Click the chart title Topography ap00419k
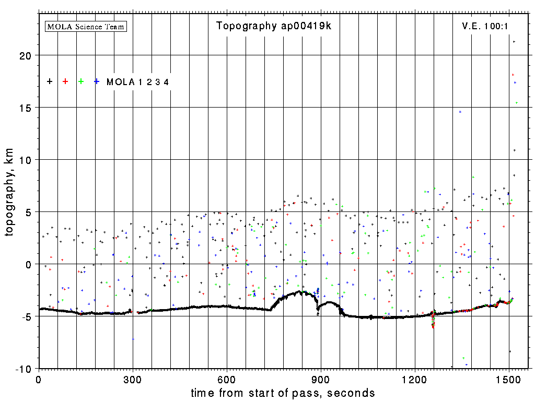pos(273,26)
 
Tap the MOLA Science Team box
pos(86,26)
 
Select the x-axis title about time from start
pos(283,393)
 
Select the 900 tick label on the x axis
pos(321,380)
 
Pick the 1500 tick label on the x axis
pos(509,380)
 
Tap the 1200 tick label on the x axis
pos(415,380)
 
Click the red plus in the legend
pos(65,81)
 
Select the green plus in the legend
pos(81,81)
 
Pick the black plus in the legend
pos(50,81)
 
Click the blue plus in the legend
pos(97,81)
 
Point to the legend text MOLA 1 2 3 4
pos(137,82)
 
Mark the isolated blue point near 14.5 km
pos(460,112)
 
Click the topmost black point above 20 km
pos(514,42)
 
